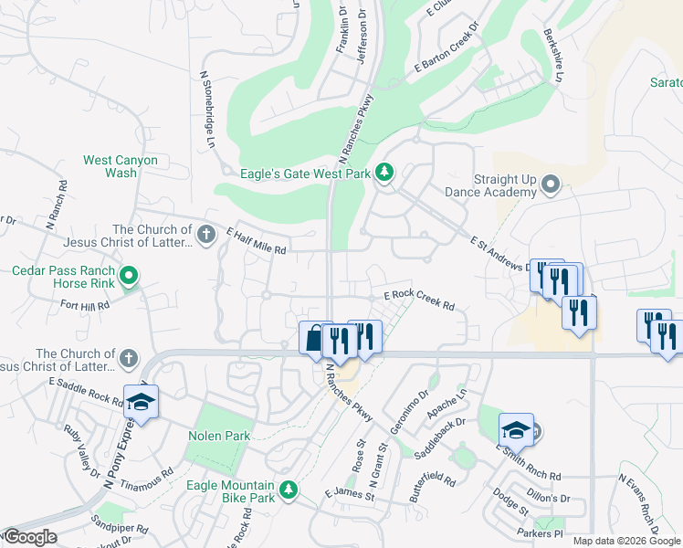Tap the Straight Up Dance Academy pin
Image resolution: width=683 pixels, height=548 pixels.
pos(550,185)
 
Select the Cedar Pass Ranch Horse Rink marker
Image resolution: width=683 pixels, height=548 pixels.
pos(130,275)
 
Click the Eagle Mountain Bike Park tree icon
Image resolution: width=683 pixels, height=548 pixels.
pos(289,490)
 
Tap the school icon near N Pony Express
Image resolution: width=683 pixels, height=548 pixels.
pos(142,402)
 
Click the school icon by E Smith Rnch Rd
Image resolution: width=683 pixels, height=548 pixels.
pos(516,429)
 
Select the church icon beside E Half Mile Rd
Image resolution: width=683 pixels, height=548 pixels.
pos(206,235)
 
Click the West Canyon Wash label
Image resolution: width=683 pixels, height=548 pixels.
pos(121,166)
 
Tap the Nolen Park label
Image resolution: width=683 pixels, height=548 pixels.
pos(219,436)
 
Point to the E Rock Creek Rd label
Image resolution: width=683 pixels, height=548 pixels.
pos(419,295)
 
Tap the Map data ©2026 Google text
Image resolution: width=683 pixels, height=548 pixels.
pos(625,541)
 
